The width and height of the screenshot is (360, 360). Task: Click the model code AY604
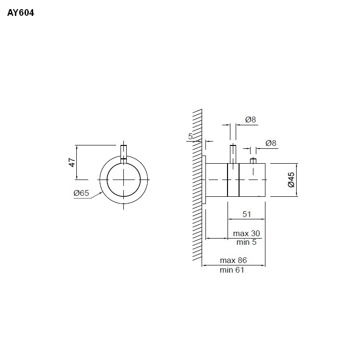point(21,13)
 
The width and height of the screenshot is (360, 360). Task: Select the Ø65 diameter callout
point(81,193)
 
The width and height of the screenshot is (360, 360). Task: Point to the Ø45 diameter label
point(291,179)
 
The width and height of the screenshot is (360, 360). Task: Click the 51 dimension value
point(246,214)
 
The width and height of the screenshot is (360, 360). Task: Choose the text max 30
point(246,233)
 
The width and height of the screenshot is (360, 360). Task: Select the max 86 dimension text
point(233,260)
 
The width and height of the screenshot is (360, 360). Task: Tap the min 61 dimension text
point(232,270)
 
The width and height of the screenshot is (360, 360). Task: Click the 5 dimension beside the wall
point(190,137)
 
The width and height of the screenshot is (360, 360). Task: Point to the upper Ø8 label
point(251,120)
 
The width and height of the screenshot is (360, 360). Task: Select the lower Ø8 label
point(271,143)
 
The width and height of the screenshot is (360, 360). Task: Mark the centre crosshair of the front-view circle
point(124,180)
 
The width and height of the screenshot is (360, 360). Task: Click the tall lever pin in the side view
point(233,154)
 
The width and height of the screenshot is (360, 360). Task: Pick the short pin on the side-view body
point(253,160)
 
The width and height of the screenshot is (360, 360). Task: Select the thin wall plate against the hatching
point(204,180)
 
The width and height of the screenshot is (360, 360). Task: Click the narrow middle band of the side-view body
point(233,180)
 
